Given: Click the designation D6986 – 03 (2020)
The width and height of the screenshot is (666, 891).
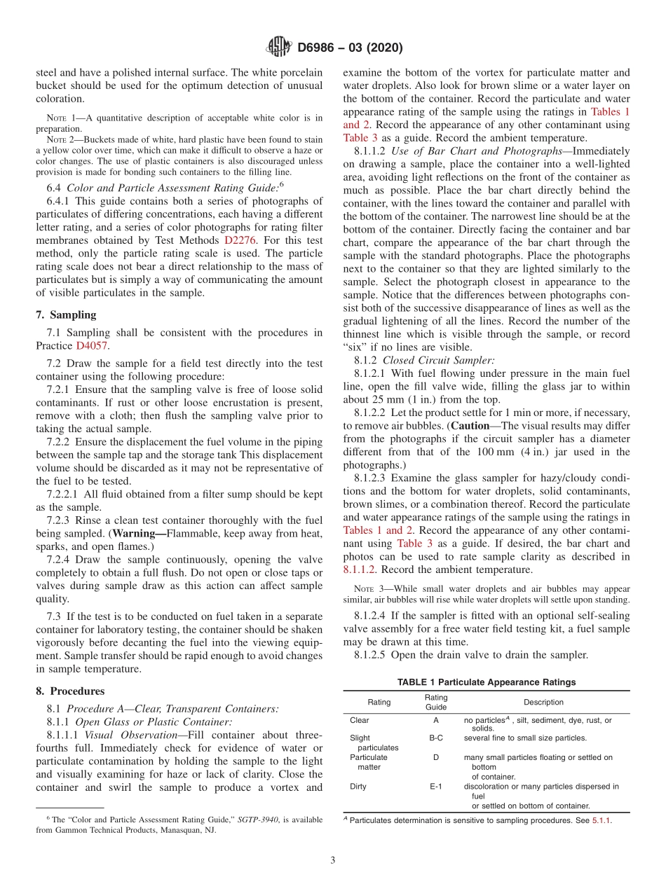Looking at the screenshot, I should click(x=350, y=48).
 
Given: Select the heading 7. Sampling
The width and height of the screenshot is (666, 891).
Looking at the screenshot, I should click(x=66, y=315).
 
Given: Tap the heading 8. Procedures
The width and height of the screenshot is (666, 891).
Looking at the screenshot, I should click(x=70, y=690).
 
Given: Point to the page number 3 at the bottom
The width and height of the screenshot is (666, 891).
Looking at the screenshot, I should click(x=333, y=860).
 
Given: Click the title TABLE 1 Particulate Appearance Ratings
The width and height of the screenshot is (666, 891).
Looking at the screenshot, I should click(x=486, y=682).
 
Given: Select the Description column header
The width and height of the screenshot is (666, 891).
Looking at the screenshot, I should click(x=543, y=702).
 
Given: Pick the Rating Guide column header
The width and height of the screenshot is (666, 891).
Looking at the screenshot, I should click(x=435, y=702).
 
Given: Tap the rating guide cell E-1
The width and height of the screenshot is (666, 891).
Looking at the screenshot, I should click(x=435, y=787).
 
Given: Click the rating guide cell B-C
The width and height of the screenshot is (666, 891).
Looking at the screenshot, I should click(x=435, y=738).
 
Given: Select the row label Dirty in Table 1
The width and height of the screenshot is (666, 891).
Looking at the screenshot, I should click(x=359, y=787).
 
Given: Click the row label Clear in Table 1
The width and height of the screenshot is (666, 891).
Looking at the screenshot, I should click(x=359, y=720).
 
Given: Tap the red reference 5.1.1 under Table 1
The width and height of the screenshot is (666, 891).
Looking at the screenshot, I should click(x=601, y=820).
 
